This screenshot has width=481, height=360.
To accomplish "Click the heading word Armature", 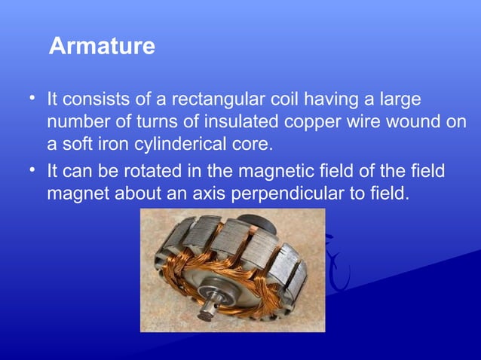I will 102,47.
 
